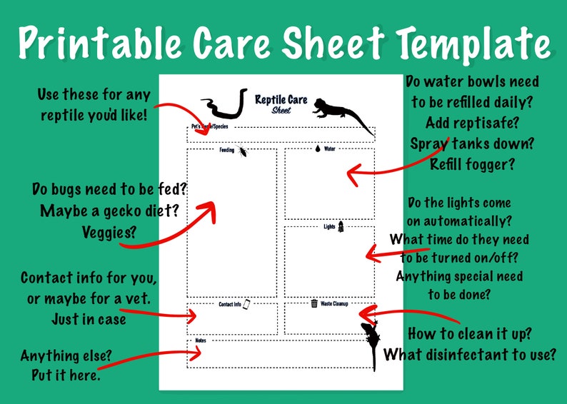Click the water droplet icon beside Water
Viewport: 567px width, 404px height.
[317, 149]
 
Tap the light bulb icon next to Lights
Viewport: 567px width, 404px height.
[341, 226]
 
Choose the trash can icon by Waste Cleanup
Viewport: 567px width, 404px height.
[314, 303]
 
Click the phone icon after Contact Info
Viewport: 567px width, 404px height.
[246, 304]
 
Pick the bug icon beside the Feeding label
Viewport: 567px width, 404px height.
[243, 151]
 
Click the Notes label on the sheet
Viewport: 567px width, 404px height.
[200, 341]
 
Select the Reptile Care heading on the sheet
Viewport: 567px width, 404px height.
[281, 99]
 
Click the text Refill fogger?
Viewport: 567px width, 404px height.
[472, 163]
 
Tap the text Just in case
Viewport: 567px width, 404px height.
[89, 318]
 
